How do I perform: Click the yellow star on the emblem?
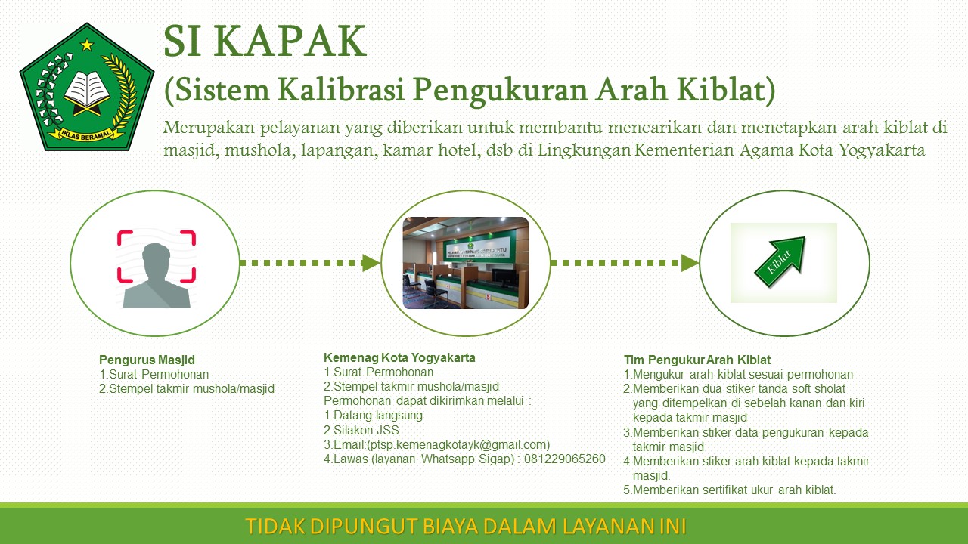point(87,45)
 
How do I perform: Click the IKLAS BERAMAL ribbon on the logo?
point(86,134)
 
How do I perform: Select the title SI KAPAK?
point(265,42)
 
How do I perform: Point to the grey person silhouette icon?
point(157,276)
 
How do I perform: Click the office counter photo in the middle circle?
point(465,263)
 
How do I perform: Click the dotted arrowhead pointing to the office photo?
point(371,263)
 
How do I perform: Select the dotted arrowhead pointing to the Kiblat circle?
point(690,263)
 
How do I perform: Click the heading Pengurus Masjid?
point(147,360)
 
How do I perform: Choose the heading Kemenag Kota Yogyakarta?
point(399,358)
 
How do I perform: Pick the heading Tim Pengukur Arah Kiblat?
point(697,360)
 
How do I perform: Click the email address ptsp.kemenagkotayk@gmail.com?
point(458,445)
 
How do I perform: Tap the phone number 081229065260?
point(565,459)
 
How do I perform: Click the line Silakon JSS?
point(361,431)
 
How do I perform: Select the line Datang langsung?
point(373,416)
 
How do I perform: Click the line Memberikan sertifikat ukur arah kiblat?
point(730,490)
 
